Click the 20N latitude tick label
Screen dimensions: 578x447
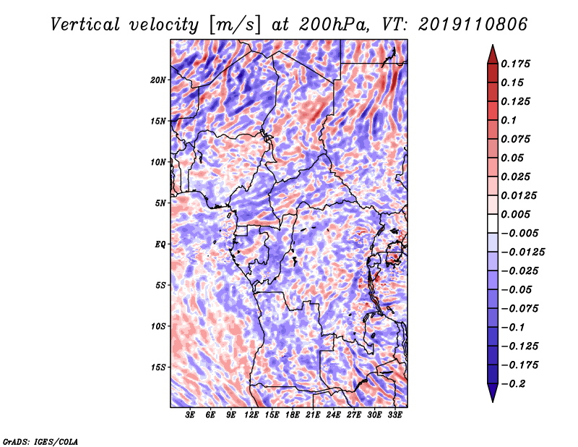pyautogui.click(x=158, y=80)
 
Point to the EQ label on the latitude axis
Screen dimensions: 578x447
pyautogui.click(x=160, y=244)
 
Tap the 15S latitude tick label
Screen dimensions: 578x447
pyautogui.click(x=158, y=367)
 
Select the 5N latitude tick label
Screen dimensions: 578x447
pyautogui.click(x=160, y=203)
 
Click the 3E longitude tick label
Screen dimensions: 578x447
pyautogui.click(x=190, y=415)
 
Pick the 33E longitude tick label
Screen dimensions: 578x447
pyautogui.click(x=394, y=415)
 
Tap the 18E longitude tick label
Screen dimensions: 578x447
pyautogui.click(x=293, y=415)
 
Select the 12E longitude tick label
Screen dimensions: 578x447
pyautogui.click(x=251, y=415)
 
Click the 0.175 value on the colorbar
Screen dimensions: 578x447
pyautogui.click(x=515, y=64)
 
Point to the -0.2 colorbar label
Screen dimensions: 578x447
pyautogui.click(x=513, y=384)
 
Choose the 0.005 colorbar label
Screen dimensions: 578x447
pyautogui.click(x=515, y=214)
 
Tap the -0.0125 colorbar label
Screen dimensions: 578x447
pyautogui.click(x=522, y=252)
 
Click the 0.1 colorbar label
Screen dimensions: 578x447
pyautogui.click(x=509, y=120)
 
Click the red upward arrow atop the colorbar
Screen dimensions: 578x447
pyautogui.click(x=493, y=55)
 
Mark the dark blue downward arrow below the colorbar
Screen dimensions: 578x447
pyautogui.click(x=493, y=393)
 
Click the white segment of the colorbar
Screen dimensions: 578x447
pyautogui.click(x=493, y=223)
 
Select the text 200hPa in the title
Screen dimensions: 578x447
pyautogui.click(x=334, y=25)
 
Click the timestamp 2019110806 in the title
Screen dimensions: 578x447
pyautogui.click(x=473, y=25)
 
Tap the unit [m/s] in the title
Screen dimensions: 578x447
pyautogui.click(x=235, y=25)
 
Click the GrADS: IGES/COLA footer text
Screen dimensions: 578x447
pyautogui.click(x=40, y=442)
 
